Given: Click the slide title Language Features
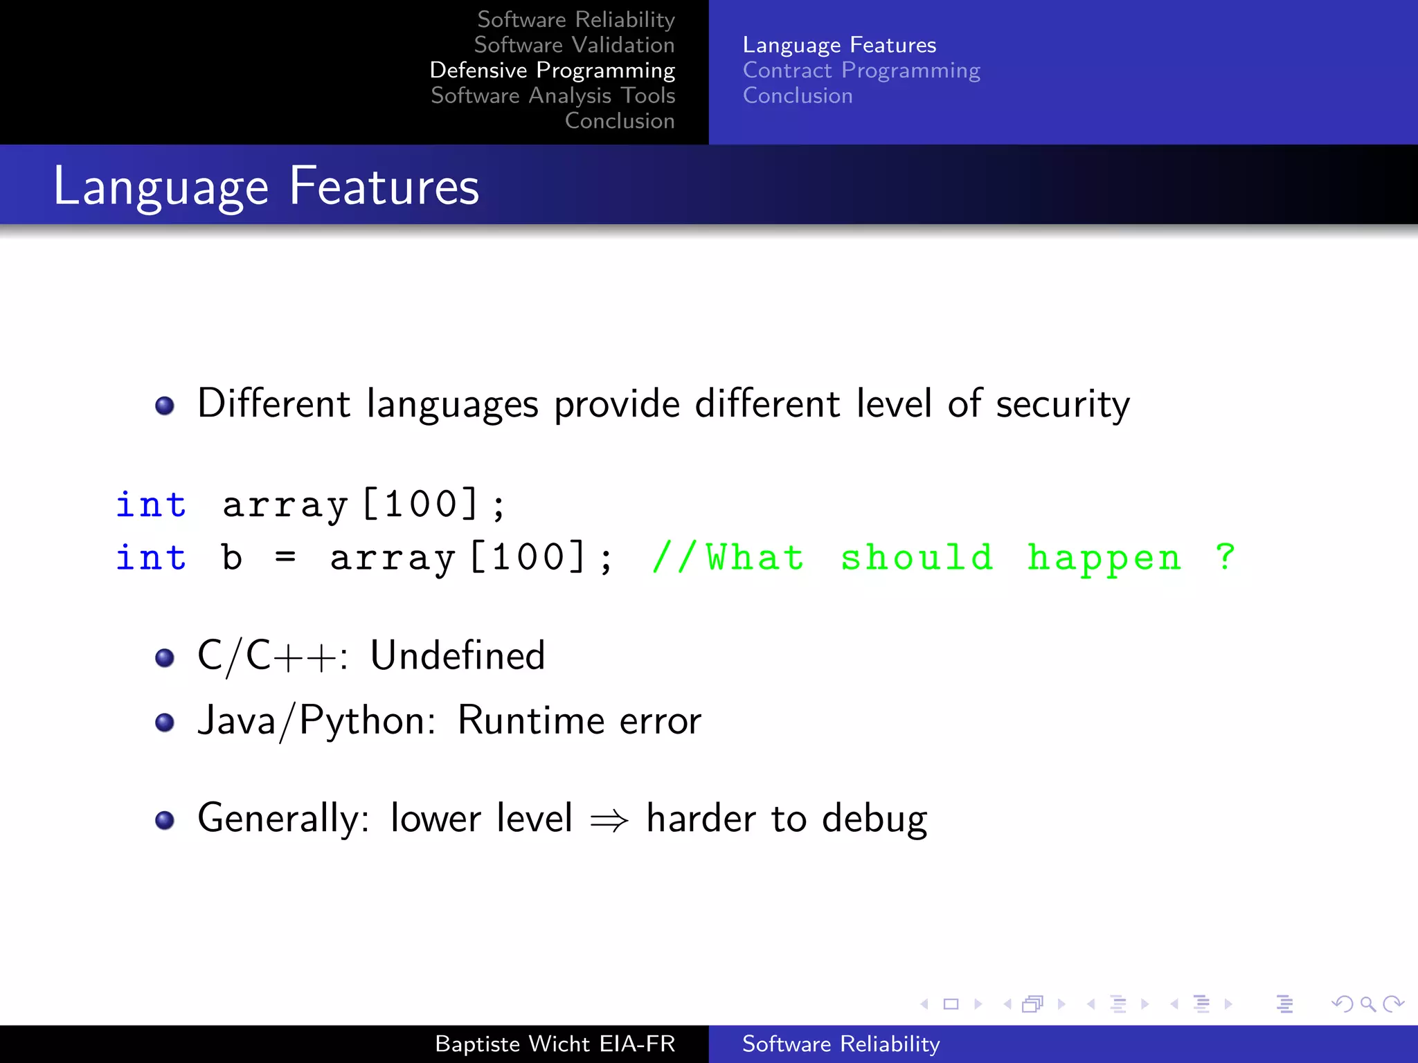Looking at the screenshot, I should [266, 186].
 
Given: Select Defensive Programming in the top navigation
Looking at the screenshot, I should [552, 70].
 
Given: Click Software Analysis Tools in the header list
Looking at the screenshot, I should [553, 96].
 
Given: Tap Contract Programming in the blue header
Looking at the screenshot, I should [861, 70].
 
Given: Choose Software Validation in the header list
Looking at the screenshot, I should [574, 45].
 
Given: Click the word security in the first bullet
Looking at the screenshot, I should [1062, 403].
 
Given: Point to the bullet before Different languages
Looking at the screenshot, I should [165, 406].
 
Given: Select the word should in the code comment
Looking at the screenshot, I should [917, 557].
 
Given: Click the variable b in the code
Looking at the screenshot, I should [232, 558].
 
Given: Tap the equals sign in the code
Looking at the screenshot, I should [285, 557].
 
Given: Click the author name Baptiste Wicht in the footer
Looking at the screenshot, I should [513, 1044].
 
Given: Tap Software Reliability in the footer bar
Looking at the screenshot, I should [841, 1044].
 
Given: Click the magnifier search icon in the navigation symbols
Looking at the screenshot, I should [1367, 1003].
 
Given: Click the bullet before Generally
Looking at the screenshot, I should [165, 821].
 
